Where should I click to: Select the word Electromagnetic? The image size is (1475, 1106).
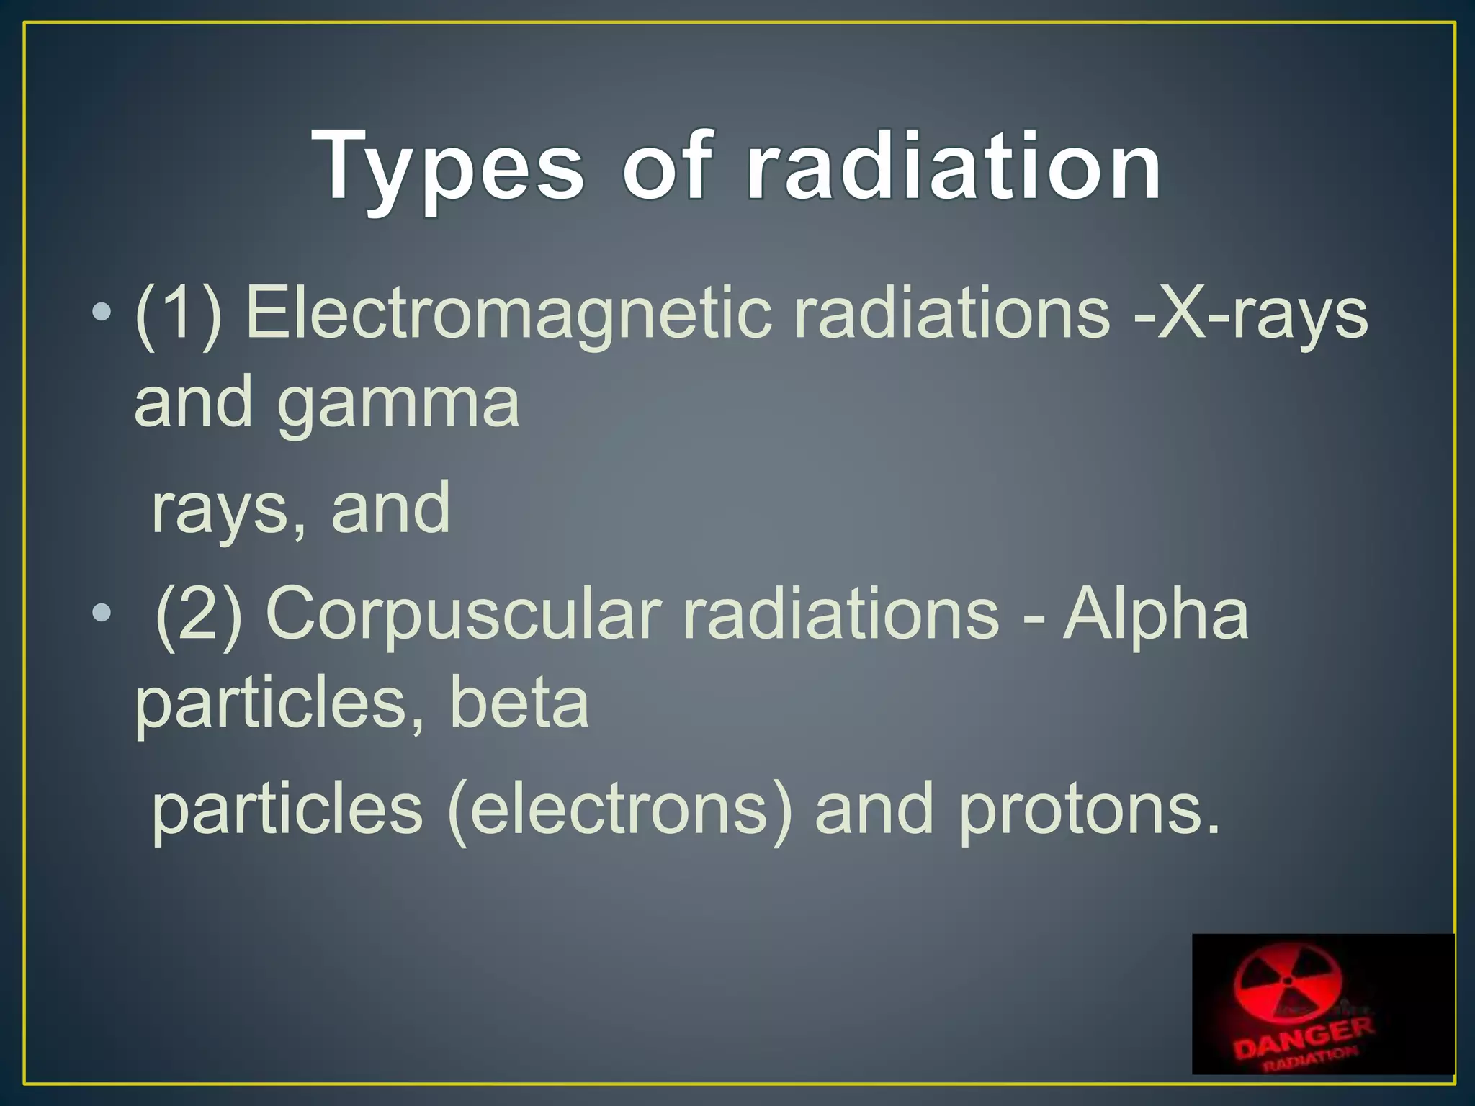(508, 313)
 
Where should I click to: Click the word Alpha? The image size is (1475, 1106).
(1156, 613)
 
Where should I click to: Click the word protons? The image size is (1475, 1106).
(1089, 811)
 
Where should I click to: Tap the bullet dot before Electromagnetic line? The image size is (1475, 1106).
(102, 313)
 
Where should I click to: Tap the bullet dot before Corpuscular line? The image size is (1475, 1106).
(102, 613)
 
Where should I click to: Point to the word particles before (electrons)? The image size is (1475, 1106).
(287, 809)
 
